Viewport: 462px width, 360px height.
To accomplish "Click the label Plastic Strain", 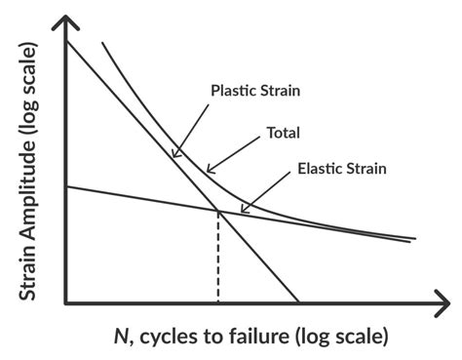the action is (254, 91).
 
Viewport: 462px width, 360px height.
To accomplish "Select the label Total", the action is (283, 133).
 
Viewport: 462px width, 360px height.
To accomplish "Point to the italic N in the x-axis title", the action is (121, 337).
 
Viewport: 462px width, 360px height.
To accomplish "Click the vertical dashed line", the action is (218, 259).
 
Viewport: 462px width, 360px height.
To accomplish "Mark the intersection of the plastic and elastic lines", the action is (218, 212).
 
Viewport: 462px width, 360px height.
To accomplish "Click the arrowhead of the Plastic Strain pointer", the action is (173, 156).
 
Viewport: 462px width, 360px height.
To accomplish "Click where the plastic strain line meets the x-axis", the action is (298, 303).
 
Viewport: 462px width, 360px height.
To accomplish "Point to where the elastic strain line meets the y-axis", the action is (65, 186).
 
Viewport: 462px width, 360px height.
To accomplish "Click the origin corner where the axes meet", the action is (65, 303).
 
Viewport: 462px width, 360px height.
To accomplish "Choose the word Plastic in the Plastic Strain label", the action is (232, 91).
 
